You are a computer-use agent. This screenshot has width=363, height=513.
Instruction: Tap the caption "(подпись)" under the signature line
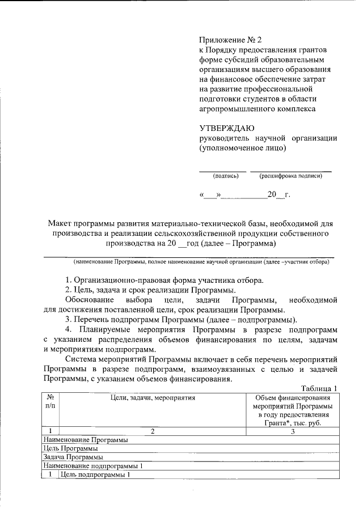(226, 176)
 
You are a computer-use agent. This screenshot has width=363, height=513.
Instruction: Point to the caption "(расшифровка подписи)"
(291, 176)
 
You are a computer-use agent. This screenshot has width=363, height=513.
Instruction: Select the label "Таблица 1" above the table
(319, 388)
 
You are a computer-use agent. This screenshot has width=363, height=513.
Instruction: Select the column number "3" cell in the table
(293, 431)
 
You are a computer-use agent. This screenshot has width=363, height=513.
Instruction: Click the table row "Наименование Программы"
(86, 440)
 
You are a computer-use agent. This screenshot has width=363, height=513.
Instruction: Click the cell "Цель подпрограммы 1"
(95, 474)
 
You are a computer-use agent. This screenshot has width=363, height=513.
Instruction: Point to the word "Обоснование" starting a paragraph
(88, 299)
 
